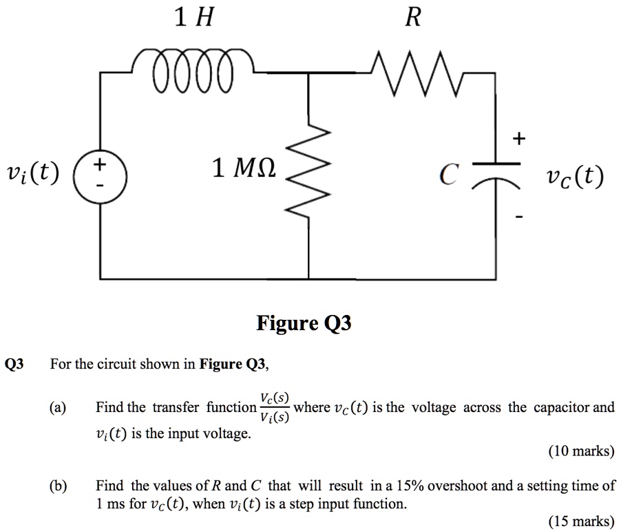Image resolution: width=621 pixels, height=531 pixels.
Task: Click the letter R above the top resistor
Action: (412, 18)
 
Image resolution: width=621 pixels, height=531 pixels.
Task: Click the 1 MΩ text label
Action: (244, 167)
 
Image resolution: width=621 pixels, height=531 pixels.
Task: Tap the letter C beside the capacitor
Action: (448, 177)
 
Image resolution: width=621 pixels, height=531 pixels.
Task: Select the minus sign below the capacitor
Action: (518, 217)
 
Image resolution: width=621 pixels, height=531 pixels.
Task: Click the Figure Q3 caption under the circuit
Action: (304, 323)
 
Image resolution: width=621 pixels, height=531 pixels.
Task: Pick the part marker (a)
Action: (57, 408)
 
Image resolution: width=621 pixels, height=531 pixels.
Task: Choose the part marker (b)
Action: (57, 486)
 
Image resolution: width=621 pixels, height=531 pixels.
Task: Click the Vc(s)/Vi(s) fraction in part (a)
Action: (275, 407)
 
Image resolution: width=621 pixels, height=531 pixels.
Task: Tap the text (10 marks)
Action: (581, 452)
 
